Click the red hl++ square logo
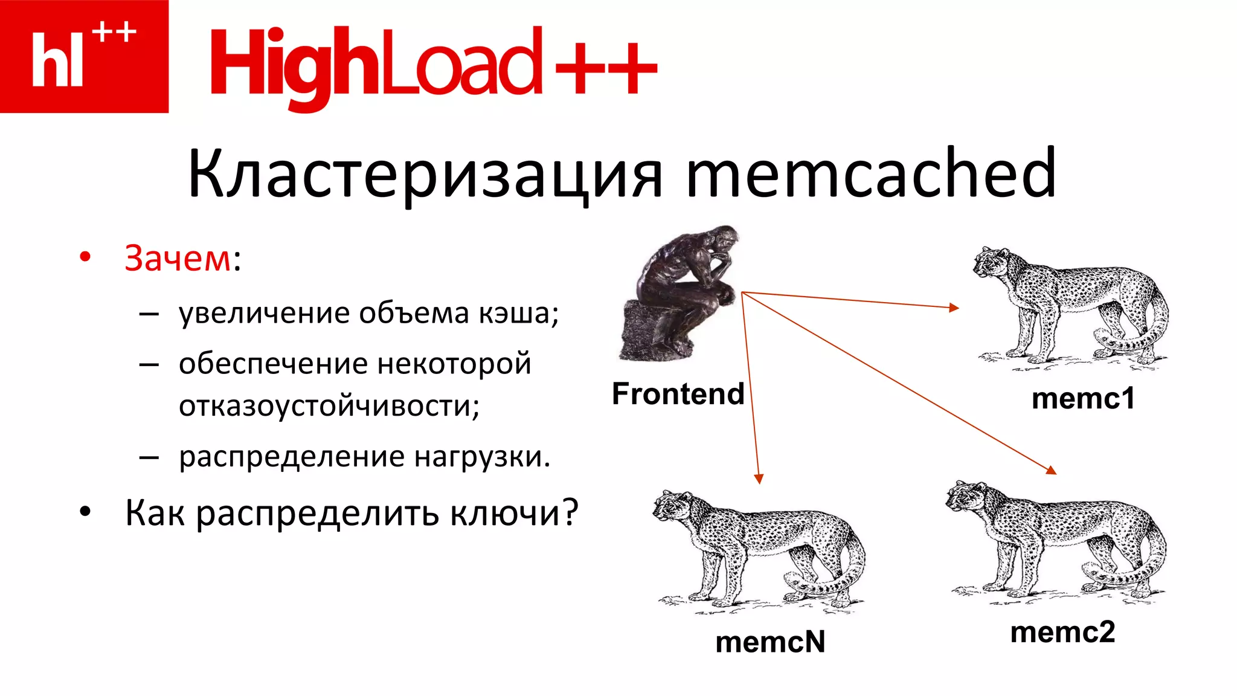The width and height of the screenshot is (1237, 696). [x=84, y=56]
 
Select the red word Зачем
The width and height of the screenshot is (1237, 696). [x=178, y=259]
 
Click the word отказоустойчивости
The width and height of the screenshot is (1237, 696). [x=329, y=405]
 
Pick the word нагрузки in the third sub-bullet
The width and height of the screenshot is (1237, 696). [x=482, y=457]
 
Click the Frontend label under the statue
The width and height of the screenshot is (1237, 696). [x=678, y=394]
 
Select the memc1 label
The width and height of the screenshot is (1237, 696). [x=1083, y=399]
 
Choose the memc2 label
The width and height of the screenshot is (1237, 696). [x=1062, y=633]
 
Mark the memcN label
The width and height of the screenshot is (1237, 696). [x=770, y=642]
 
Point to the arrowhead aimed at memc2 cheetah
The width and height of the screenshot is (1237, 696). [x=1052, y=470]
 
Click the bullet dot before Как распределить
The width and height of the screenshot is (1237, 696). [x=85, y=512]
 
